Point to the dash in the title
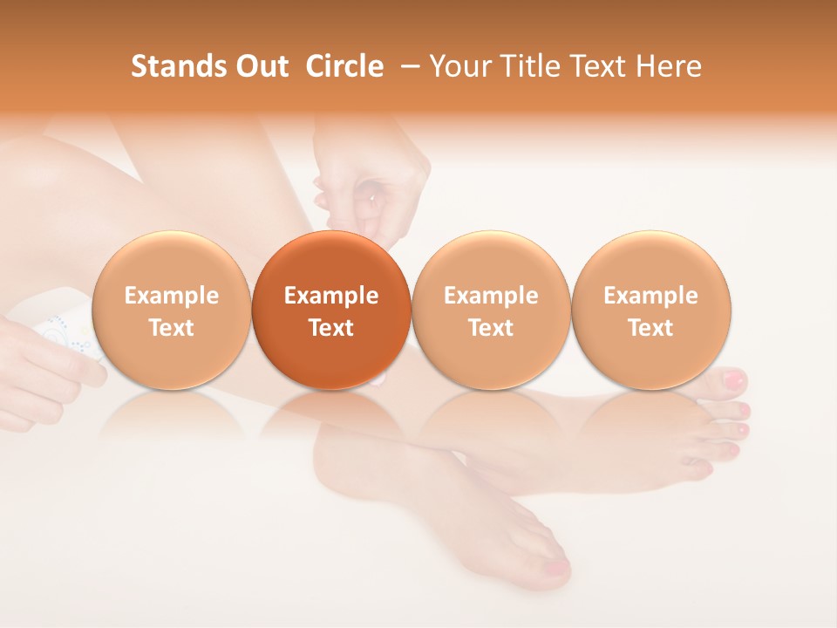coord(407,67)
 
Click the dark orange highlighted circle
coord(331,310)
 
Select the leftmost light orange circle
coord(171,310)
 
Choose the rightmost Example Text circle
coord(651,310)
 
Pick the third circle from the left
coord(491,310)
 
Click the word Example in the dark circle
coord(331,296)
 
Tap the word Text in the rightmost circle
coord(651,328)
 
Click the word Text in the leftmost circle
coord(171,328)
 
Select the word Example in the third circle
coord(491,296)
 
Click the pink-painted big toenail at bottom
coord(555,568)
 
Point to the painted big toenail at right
coord(734,380)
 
